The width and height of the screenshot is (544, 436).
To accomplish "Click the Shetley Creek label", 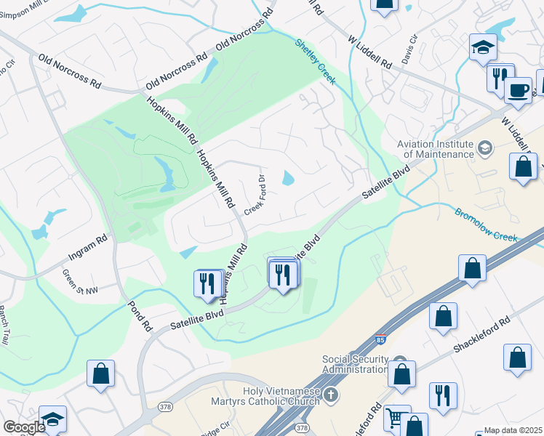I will [x=315, y=61].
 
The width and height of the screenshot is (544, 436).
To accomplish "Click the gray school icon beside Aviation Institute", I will [x=484, y=149].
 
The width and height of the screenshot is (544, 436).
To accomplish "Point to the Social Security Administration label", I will [x=355, y=364].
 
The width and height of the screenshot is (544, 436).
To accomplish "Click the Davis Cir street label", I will [x=412, y=49].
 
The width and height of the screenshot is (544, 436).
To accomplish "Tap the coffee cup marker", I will [x=517, y=90].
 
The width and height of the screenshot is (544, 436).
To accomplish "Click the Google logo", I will [x=23, y=427].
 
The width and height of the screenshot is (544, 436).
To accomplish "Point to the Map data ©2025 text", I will [x=513, y=430].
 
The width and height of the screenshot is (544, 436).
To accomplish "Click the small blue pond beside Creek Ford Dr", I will [x=288, y=177].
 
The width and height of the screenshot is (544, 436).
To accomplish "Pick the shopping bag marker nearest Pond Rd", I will [x=100, y=374].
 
